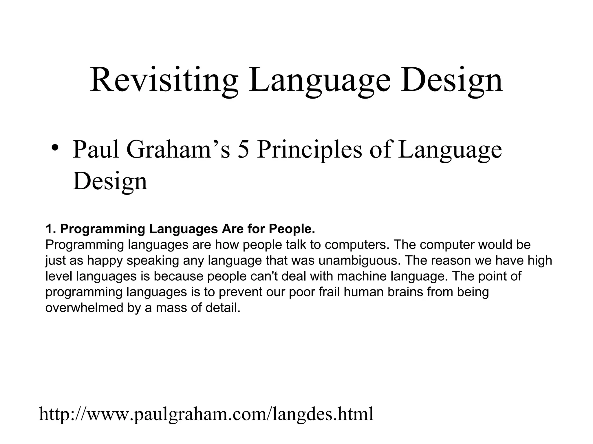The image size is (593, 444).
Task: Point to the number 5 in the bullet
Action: (x=244, y=149)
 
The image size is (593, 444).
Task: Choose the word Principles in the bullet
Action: (x=309, y=149)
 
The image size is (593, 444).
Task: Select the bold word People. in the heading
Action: (x=292, y=229)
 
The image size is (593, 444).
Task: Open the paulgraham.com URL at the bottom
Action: (x=206, y=414)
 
